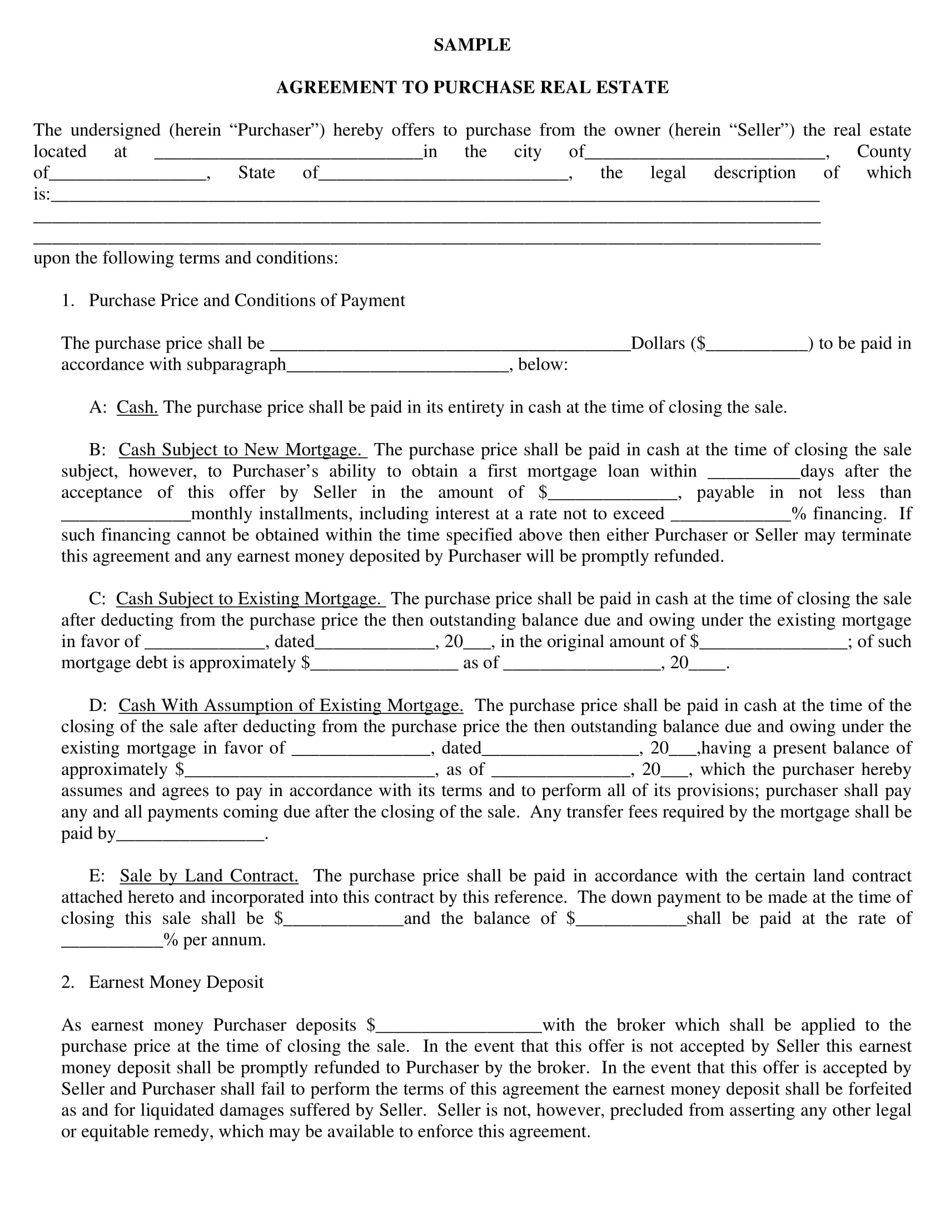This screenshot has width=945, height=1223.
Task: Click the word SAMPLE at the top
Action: pos(472,45)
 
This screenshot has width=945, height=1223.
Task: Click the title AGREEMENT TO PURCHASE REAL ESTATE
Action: pos(472,87)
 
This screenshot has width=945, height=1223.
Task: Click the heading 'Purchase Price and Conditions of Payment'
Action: pos(247,301)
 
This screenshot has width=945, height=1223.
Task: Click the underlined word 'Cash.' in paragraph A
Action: pos(137,407)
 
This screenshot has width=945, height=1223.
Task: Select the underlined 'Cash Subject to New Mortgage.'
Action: pos(242,450)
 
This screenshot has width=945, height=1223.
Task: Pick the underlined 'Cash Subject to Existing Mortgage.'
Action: pos(250,599)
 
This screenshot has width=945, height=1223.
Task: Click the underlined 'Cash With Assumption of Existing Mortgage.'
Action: pos(291,705)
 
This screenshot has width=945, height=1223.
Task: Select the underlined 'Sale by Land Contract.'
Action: pos(209,876)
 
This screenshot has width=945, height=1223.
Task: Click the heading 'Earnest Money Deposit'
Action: pos(176,982)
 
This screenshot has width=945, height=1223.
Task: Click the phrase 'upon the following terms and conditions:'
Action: pos(186,258)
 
